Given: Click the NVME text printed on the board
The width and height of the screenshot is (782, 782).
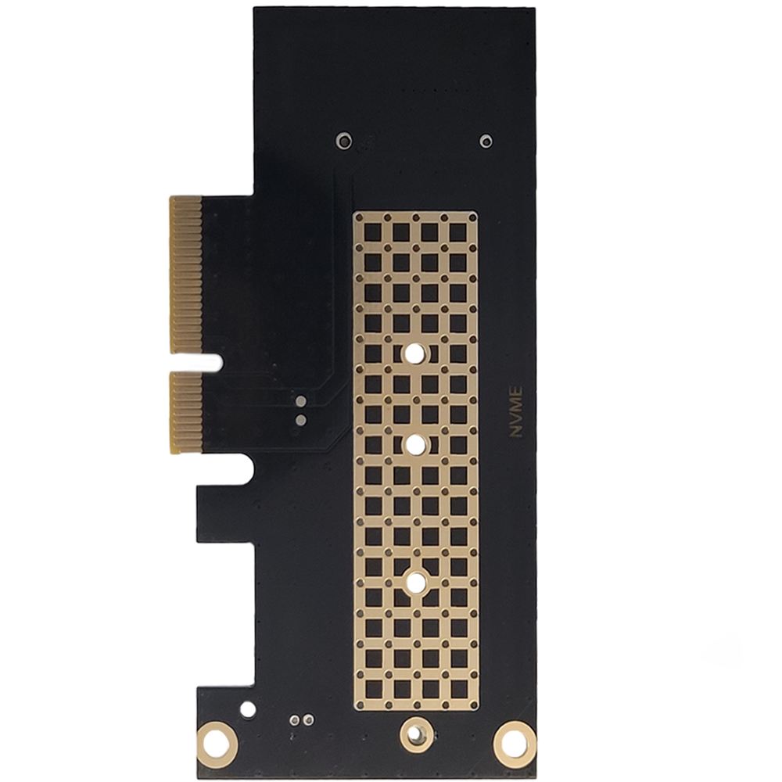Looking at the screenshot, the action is pos(515,411).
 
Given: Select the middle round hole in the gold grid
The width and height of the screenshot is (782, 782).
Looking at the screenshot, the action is pos(413,445).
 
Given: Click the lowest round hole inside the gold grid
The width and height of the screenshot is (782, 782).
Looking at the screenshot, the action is pos(415,582).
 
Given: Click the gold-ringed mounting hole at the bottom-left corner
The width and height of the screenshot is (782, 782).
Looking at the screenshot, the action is pos(217,745).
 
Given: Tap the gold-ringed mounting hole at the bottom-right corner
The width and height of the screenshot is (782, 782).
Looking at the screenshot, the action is pos(515,744).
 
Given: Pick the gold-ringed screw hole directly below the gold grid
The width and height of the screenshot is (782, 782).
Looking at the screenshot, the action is pos(417,734).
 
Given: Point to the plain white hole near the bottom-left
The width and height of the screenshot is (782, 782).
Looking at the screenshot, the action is pos(248,708).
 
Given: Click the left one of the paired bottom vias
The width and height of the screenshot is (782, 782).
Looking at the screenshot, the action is pos(296,719).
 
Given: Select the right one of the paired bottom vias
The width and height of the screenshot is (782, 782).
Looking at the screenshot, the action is pos(309,719).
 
